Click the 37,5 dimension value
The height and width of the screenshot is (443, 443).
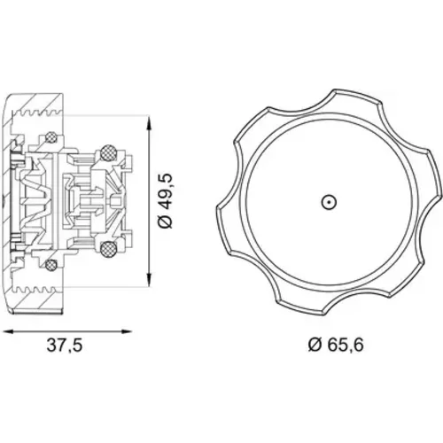64,345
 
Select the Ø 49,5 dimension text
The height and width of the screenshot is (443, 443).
166,201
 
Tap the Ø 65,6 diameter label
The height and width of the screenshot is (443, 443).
336,345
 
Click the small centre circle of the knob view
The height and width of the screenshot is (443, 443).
329,203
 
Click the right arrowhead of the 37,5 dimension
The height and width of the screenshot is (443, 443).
127,331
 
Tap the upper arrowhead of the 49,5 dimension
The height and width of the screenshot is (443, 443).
150,122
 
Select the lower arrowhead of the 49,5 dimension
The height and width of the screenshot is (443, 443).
150,280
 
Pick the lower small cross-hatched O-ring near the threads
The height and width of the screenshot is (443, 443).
51,265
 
